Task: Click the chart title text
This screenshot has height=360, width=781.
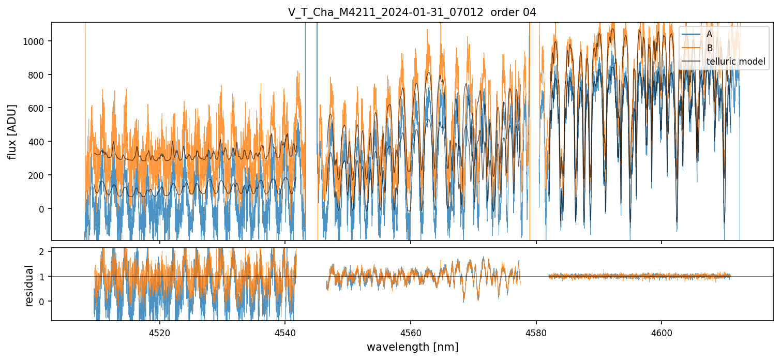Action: coord(412,12)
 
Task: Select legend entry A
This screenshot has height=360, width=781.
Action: coord(709,34)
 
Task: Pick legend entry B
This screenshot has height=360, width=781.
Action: coord(709,48)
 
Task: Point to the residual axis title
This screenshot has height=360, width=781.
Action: coord(29,286)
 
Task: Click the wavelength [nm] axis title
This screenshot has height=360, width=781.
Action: coord(412,347)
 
